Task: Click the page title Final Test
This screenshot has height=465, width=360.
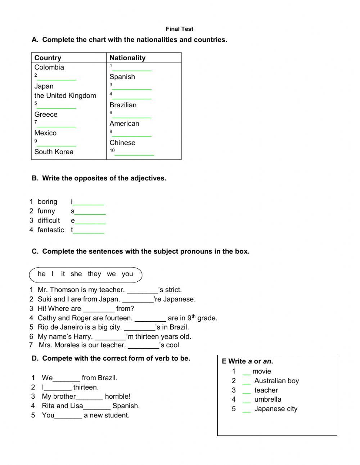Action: coord(179,29)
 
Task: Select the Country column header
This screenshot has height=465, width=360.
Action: coord(48,58)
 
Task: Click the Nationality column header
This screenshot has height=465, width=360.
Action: coord(127,58)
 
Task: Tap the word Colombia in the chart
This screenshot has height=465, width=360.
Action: coord(49,67)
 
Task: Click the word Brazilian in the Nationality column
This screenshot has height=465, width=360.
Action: coord(123,105)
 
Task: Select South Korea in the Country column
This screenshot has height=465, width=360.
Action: coord(54,152)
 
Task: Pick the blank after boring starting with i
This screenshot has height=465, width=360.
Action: coord(88,202)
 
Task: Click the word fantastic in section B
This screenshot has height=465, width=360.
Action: coord(51,230)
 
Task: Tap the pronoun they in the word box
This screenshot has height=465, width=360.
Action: coord(94,274)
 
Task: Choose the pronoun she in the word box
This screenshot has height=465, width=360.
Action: coord(76,274)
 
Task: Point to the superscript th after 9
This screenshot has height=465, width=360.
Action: coord(193,316)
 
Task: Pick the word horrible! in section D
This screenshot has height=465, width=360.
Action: coord(117,396)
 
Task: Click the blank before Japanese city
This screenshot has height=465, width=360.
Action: coord(246,410)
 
